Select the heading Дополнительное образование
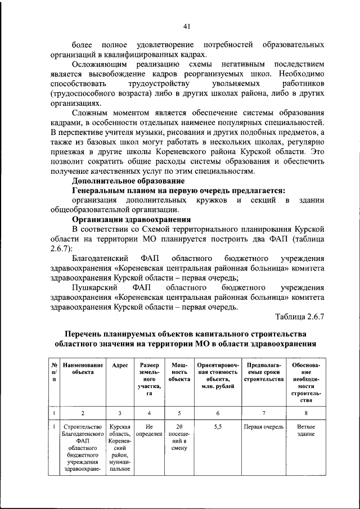(128, 181)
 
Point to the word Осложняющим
(99, 66)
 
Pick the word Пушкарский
(94, 287)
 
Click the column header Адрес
(120, 365)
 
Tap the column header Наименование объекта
(83, 368)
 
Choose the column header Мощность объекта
(179, 372)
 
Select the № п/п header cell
(54, 372)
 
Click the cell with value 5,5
(218, 427)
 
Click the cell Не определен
(149, 430)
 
